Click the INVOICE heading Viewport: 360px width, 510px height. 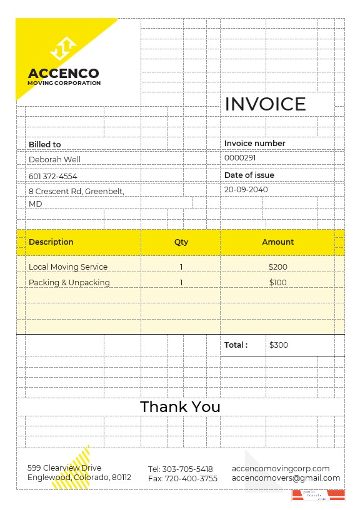pyautogui.click(x=265, y=104)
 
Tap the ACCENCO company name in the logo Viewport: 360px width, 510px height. pyautogui.click(x=63, y=74)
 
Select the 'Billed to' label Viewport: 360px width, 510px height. pyautogui.click(x=45, y=145)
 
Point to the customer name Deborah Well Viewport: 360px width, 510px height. pyautogui.click(x=55, y=160)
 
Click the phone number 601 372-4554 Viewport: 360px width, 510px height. pyautogui.click(x=53, y=177)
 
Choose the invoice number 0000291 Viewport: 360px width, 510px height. pyautogui.click(x=240, y=159)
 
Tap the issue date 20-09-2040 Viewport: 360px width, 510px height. pyautogui.click(x=246, y=190)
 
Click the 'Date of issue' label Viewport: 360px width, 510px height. pyautogui.click(x=249, y=175)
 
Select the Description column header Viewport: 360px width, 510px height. pyautogui.click(x=51, y=242)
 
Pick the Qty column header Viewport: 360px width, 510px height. pyautogui.click(x=181, y=242)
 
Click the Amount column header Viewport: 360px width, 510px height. pyautogui.click(x=278, y=242)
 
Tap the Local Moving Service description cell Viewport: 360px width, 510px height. pyautogui.click(x=68, y=267)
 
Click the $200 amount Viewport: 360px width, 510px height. pyautogui.click(x=278, y=267)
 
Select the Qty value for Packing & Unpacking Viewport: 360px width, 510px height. pyautogui.click(x=181, y=283)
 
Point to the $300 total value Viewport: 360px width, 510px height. pyautogui.click(x=279, y=345)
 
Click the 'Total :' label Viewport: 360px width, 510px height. pyautogui.click(x=236, y=345)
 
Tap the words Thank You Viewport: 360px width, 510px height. pyautogui.click(x=180, y=407)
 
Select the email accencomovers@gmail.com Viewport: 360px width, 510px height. pyautogui.click(x=286, y=478)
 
